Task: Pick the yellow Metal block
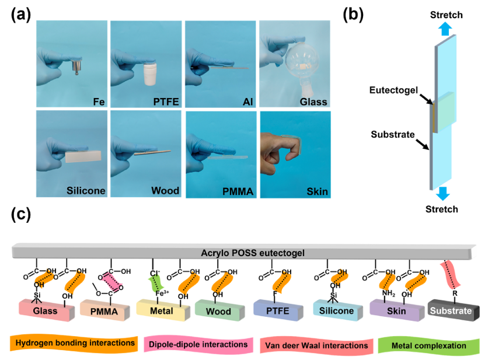tap(160, 311)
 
